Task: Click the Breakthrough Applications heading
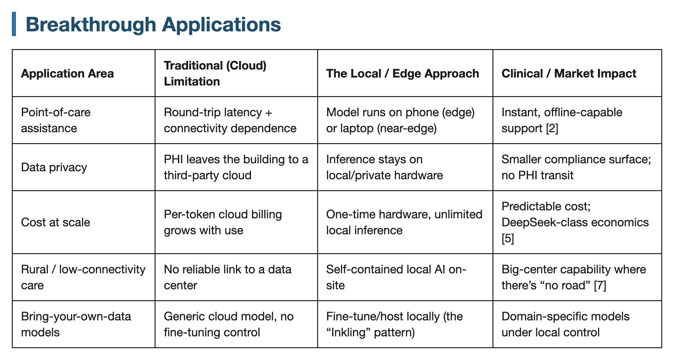[x=153, y=25]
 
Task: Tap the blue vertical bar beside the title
[x=14, y=24]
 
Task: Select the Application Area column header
[x=67, y=73]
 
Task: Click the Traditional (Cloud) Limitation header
[x=215, y=73]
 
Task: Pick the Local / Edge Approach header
[x=403, y=73]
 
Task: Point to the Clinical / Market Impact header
[x=569, y=73]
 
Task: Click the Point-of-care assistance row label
[x=56, y=120]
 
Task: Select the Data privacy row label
[x=54, y=167]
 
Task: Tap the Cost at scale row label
[x=56, y=222]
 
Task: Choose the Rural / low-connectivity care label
[x=83, y=277]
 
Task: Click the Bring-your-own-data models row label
[x=76, y=324]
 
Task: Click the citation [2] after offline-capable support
[x=552, y=128]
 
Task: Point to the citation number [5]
[x=508, y=238]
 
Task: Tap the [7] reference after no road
[x=600, y=285]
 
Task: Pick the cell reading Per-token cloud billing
[x=223, y=222]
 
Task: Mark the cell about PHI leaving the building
[x=236, y=167]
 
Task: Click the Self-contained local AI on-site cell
[x=396, y=277]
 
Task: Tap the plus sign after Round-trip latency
[x=269, y=113]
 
